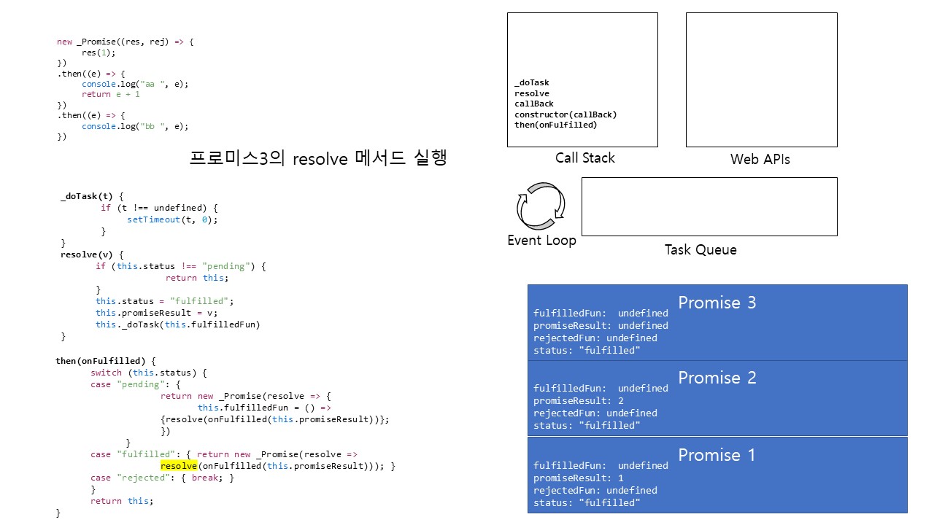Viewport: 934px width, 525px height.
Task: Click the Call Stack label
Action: [584, 158]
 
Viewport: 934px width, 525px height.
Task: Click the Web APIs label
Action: [760, 159]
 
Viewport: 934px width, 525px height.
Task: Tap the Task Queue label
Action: [700, 250]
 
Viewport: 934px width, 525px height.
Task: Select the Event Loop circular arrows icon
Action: [541, 206]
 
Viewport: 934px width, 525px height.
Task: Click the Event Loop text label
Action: [541, 241]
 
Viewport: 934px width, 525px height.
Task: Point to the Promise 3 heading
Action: [717, 303]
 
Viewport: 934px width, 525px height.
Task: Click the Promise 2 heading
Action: [717, 378]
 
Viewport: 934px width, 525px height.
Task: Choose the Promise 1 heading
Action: [717, 455]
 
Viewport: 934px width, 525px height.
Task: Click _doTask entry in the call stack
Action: [531, 83]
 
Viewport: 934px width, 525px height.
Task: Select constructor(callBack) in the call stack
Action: [566, 114]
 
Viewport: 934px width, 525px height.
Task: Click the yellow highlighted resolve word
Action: [179, 466]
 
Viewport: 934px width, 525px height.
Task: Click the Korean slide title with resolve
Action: [317, 158]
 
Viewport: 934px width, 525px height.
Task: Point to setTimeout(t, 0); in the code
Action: [172, 219]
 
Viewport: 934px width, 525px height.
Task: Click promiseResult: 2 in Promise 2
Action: [579, 401]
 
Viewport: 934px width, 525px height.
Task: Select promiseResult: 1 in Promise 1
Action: [579, 478]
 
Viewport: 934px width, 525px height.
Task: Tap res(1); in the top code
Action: [99, 52]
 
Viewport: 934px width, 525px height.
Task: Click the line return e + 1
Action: [110, 94]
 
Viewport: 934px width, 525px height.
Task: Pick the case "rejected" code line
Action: [162, 478]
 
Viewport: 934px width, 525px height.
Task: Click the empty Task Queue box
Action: [709, 206]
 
